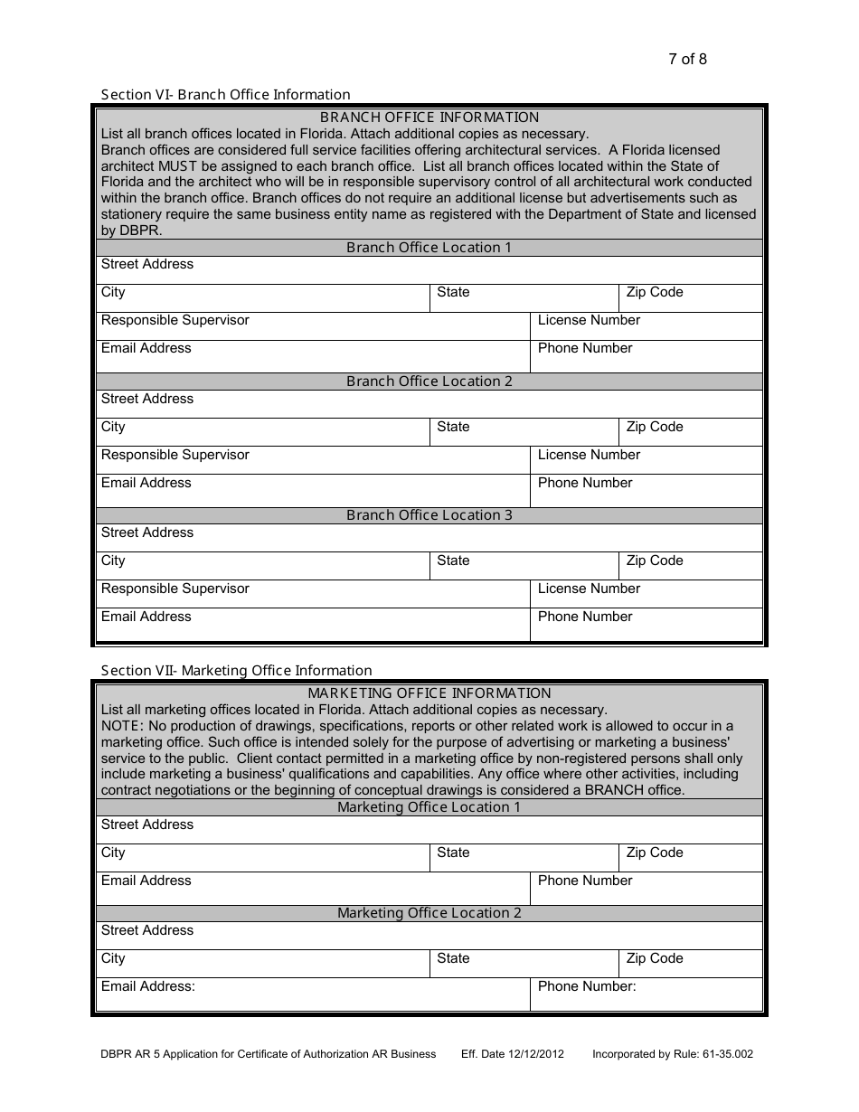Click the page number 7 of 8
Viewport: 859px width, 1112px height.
[687, 60]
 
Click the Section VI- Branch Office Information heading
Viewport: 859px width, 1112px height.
[225, 94]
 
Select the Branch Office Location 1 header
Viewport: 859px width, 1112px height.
[429, 248]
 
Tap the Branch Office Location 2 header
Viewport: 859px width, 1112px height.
[429, 382]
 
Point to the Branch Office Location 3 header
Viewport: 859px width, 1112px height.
[429, 515]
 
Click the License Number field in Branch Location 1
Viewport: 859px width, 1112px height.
[646, 326]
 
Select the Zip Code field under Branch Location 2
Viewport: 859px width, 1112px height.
[691, 432]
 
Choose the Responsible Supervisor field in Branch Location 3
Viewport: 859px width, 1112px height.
[312, 594]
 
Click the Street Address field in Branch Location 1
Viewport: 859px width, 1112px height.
[429, 270]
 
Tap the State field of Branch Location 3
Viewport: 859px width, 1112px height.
[524, 566]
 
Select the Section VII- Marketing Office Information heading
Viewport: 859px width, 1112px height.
[236, 670]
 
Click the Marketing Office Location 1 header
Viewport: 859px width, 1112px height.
[429, 807]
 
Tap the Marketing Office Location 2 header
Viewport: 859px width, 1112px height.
[429, 913]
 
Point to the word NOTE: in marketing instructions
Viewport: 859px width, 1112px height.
[121, 726]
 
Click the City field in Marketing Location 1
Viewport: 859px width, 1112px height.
[262, 858]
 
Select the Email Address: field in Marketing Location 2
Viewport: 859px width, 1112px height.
[312, 994]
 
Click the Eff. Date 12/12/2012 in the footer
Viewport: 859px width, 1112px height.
[512, 1054]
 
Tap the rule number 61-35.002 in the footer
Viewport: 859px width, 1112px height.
[726, 1054]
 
